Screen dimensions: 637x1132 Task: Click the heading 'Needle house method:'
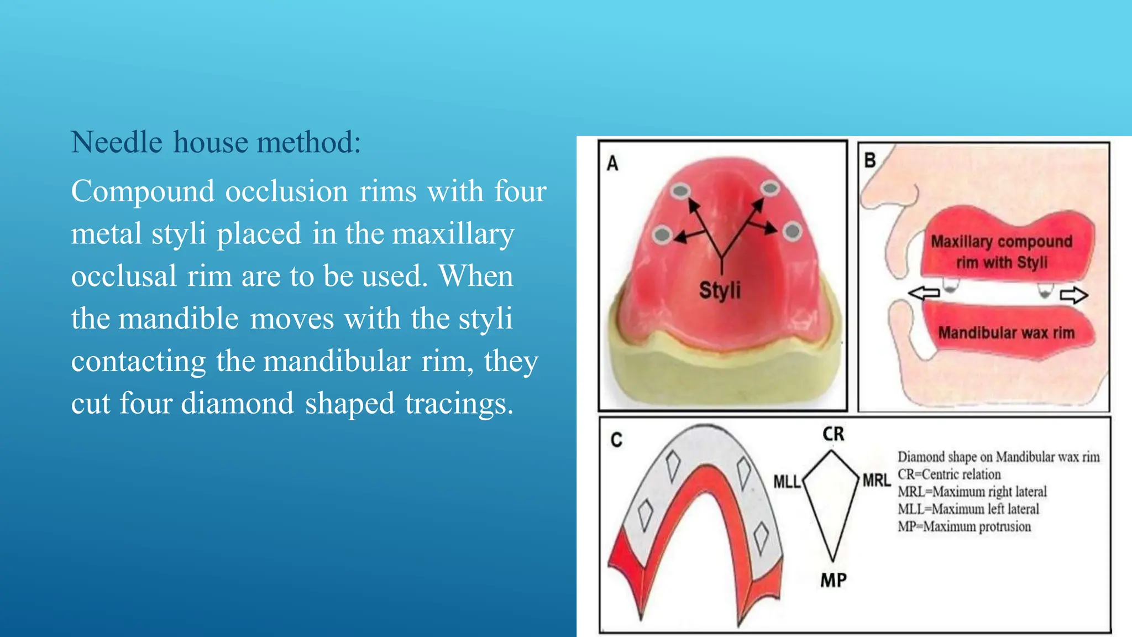click(x=216, y=142)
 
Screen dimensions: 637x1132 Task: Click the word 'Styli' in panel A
click(x=720, y=290)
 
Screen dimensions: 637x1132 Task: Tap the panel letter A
click(x=612, y=164)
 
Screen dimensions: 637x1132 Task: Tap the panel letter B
click(x=870, y=160)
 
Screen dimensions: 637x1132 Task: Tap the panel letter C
click(x=616, y=440)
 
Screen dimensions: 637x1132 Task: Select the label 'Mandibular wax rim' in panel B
click(x=1006, y=333)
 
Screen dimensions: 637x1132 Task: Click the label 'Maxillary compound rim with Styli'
click(x=1002, y=252)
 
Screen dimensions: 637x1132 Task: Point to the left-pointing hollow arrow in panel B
click(x=924, y=293)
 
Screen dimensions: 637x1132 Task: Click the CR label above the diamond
click(x=834, y=434)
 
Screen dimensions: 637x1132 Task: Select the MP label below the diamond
click(x=834, y=580)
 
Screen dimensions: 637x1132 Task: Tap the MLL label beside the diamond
click(x=787, y=482)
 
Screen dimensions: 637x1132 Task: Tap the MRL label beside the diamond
click(x=877, y=481)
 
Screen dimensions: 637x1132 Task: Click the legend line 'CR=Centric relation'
click(x=949, y=474)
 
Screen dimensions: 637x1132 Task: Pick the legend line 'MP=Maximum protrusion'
click(x=964, y=526)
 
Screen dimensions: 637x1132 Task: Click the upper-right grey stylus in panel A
click(x=769, y=189)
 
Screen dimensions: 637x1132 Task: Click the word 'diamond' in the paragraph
click(x=237, y=403)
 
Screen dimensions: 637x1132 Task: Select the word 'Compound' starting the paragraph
click(x=143, y=191)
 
